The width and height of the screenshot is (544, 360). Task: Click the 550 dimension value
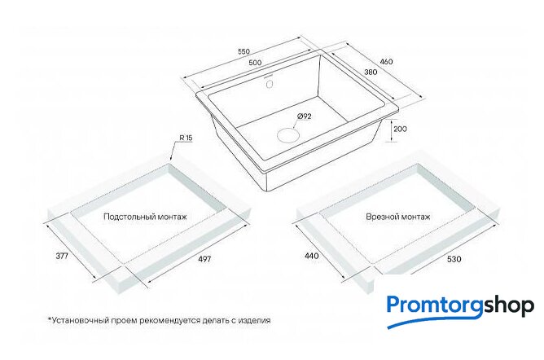coord(243,51)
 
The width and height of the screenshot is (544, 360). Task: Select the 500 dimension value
coord(255,63)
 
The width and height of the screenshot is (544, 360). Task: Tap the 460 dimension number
coord(387,62)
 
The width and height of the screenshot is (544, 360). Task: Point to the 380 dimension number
coord(371,72)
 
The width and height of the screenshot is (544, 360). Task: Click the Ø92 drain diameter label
coord(304,116)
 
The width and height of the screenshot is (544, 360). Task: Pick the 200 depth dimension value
coord(401,129)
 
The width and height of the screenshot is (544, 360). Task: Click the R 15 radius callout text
coord(186,138)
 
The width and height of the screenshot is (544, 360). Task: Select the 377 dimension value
coord(62,256)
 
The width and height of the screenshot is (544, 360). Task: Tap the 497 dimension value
coord(204,259)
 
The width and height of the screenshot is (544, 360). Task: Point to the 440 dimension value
coord(312,256)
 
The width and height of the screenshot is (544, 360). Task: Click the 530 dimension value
coord(454,259)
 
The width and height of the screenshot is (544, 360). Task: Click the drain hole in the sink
coord(287,134)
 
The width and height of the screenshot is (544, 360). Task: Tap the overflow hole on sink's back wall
coord(269,84)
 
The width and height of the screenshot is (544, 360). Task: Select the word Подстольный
coord(129,217)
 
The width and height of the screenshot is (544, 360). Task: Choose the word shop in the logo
coord(509,306)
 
